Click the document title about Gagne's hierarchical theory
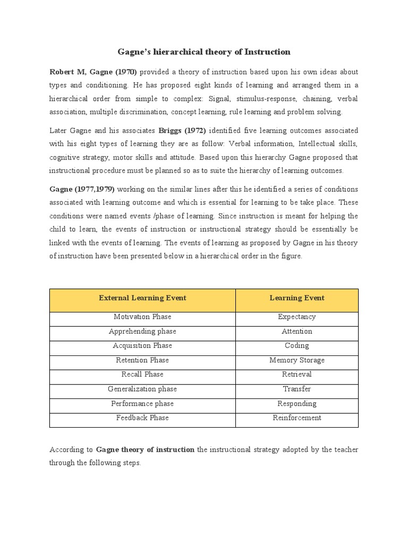(x=203, y=52)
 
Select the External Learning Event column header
(x=142, y=298)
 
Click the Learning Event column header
(x=297, y=298)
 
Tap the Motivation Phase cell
(x=142, y=317)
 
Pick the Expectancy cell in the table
(x=297, y=317)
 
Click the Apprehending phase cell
(x=142, y=331)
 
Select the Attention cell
(x=297, y=331)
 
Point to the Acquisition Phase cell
(x=142, y=346)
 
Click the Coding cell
(x=297, y=346)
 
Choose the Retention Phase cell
(x=142, y=360)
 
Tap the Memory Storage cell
(x=297, y=360)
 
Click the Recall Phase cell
(x=142, y=375)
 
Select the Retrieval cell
(x=297, y=375)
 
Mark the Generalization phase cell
(x=142, y=389)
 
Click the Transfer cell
(x=297, y=389)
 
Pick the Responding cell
(x=297, y=403)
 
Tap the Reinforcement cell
(x=297, y=418)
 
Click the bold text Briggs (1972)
(x=182, y=131)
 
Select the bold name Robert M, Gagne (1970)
(x=93, y=72)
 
